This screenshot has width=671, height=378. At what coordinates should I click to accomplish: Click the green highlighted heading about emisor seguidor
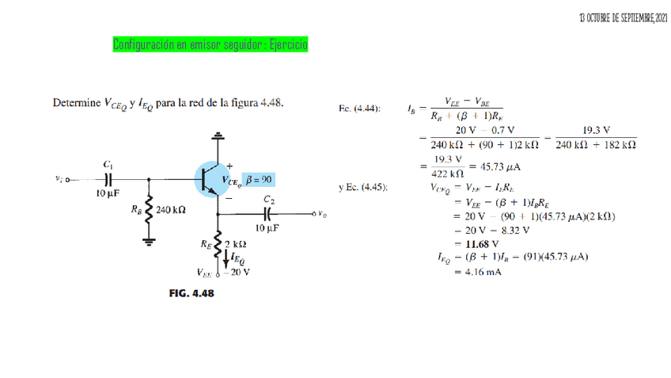click(210, 44)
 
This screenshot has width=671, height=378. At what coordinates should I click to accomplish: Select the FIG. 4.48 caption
click(191, 293)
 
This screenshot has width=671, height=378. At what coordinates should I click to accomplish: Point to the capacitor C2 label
click(269, 200)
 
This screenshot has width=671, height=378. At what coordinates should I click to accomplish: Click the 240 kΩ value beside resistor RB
click(171, 211)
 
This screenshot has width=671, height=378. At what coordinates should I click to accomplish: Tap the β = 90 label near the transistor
click(260, 180)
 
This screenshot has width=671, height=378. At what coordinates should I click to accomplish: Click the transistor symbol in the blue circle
click(211, 180)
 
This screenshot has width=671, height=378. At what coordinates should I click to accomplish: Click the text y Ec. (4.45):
click(362, 188)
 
